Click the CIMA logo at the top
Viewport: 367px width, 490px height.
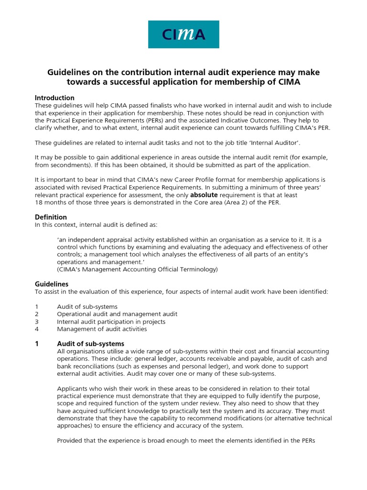point(183,34)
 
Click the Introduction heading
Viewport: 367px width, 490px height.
point(54,98)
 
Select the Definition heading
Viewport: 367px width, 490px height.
point(51,217)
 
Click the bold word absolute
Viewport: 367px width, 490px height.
point(205,195)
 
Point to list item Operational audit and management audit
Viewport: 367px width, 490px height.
point(117,314)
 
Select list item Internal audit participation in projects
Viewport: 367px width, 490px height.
point(111,322)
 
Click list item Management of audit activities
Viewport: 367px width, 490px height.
point(102,329)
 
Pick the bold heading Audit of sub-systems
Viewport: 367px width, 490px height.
point(90,344)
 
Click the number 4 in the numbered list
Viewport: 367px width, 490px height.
point(37,329)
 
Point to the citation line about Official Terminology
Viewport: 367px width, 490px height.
point(137,269)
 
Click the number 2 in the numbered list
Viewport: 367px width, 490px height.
point(37,314)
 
